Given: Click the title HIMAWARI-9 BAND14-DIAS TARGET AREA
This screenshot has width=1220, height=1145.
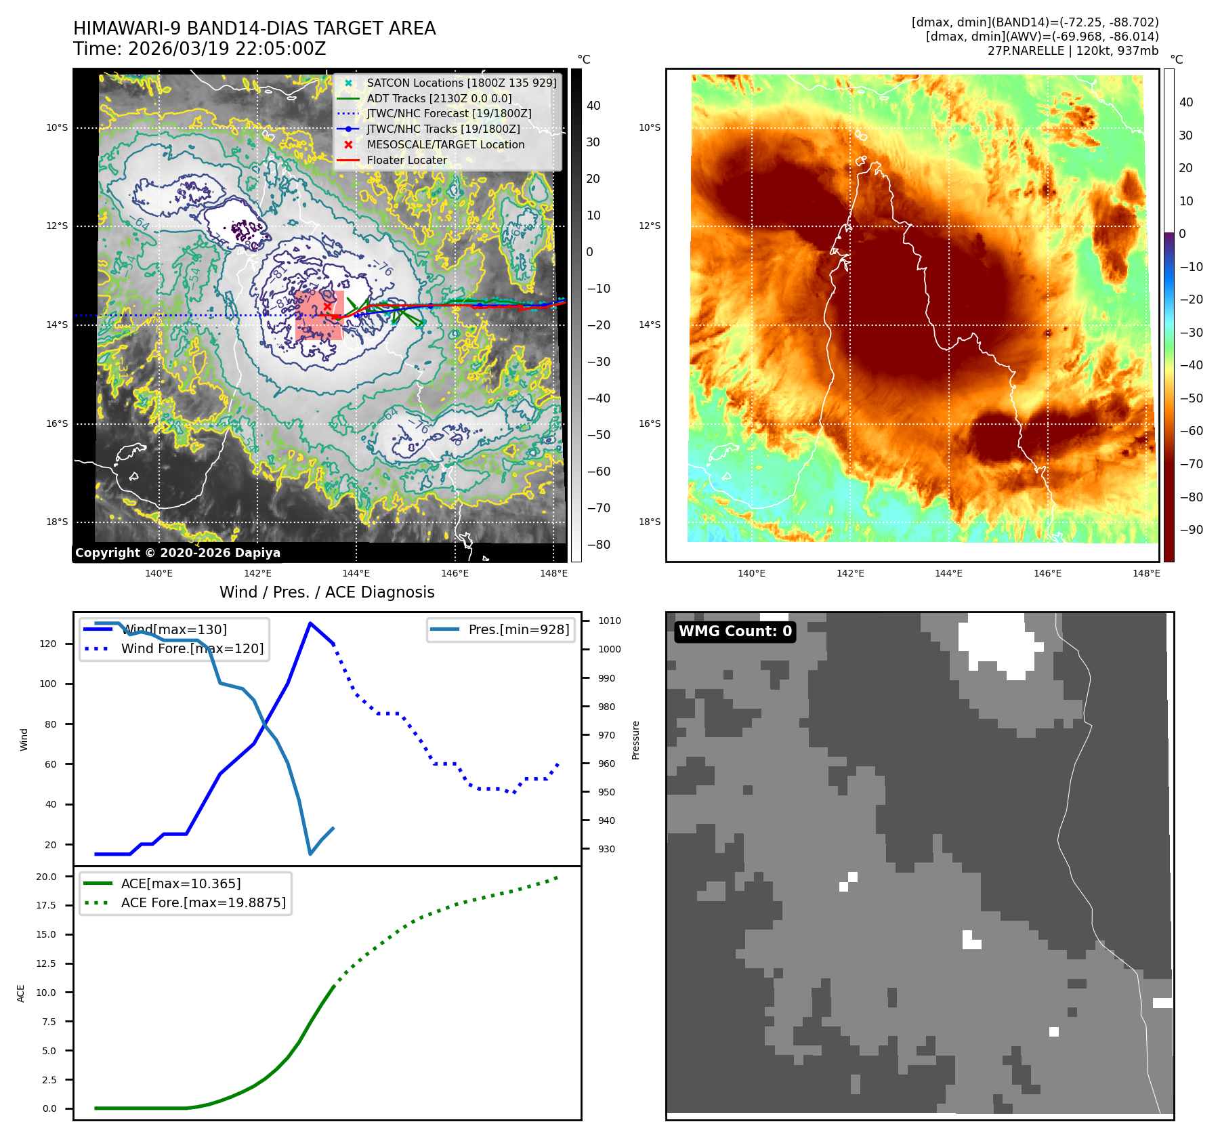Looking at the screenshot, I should click(x=254, y=28).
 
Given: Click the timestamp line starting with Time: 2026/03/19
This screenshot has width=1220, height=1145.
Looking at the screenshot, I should click(x=200, y=49).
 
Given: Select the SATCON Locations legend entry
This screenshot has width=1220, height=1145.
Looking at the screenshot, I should click(x=461, y=83).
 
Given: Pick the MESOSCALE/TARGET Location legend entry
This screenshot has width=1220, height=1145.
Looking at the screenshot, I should click(x=445, y=144).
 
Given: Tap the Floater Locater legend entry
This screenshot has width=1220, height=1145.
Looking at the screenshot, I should click(x=406, y=160).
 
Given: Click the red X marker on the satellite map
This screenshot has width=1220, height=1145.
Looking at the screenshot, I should click(x=328, y=306).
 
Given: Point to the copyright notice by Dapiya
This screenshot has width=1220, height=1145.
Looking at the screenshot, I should click(x=177, y=553).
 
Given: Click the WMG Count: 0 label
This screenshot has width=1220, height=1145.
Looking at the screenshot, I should click(x=735, y=631).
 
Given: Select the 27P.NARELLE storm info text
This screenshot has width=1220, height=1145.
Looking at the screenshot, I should click(x=1072, y=51).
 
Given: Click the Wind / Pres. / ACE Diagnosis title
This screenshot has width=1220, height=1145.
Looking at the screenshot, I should click(x=327, y=592).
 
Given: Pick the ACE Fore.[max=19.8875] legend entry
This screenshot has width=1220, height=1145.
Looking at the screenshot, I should click(x=203, y=902).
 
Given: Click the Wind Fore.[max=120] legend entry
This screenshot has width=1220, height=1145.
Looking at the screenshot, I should click(x=192, y=648).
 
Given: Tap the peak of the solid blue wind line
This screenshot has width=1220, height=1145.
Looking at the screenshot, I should click(x=310, y=623).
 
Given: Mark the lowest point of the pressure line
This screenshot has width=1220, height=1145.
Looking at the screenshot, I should click(x=310, y=854).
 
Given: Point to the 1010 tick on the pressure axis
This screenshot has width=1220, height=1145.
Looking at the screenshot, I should click(x=609, y=621).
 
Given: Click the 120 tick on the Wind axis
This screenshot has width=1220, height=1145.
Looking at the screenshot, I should click(x=48, y=644).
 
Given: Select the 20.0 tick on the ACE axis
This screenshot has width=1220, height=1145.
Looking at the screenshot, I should click(x=46, y=877).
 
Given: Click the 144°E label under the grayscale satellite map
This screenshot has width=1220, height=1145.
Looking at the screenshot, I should click(x=356, y=573).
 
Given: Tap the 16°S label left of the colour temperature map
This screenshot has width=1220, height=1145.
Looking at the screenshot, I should click(x=650, y=423).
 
